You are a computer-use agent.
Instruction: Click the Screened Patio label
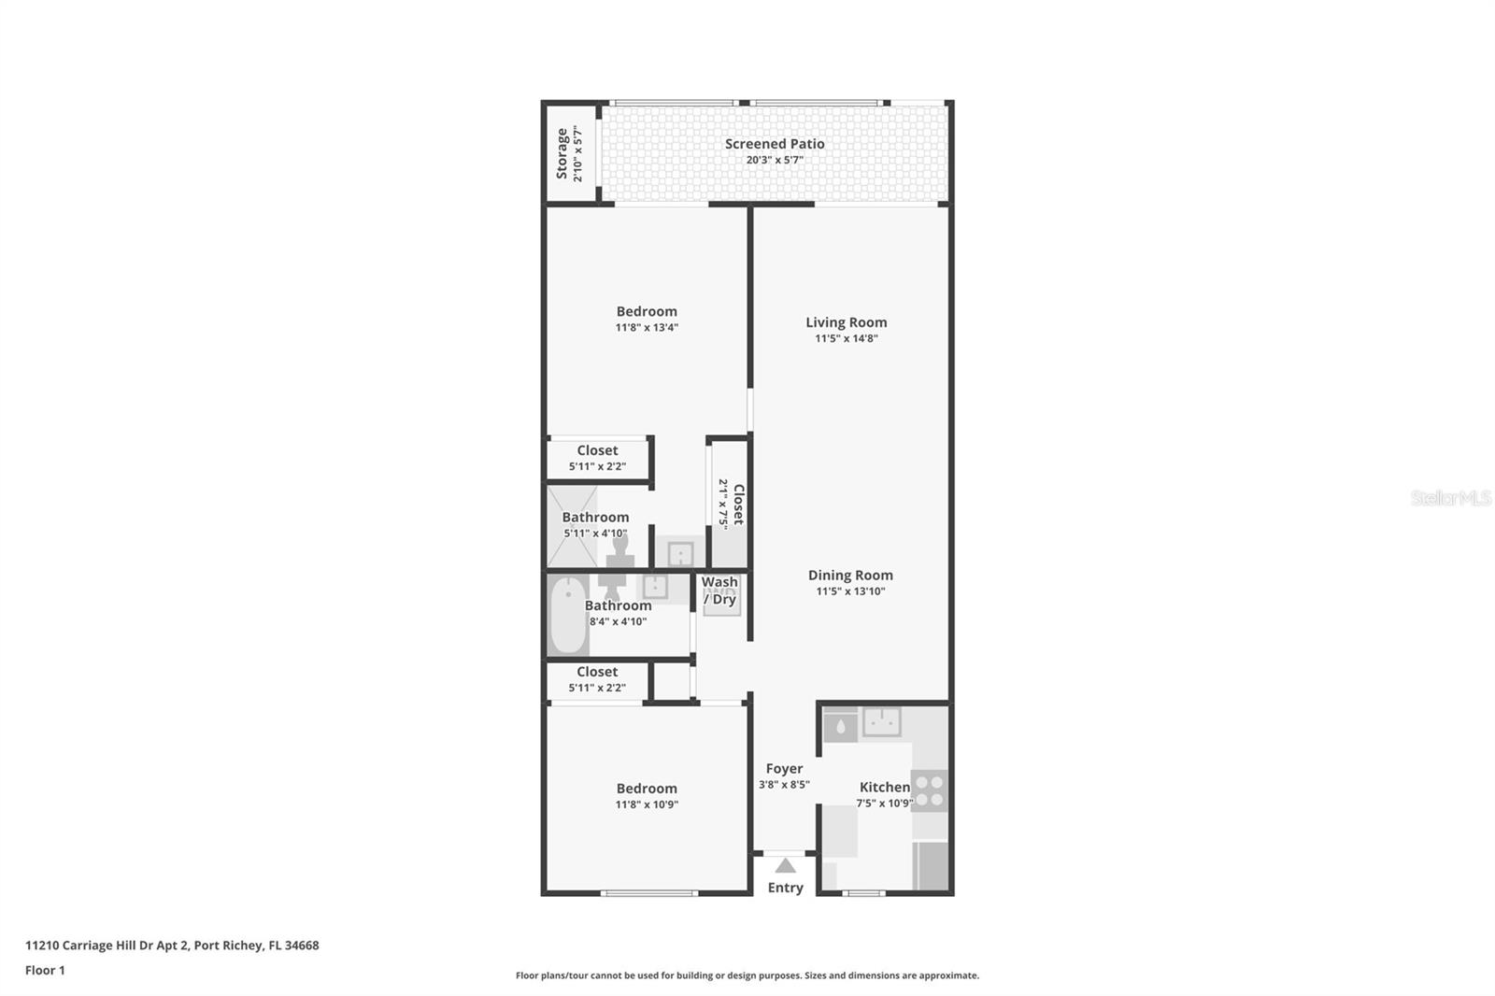click(x=775, y=144)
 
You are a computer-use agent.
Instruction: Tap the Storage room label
click(x=562, y=153)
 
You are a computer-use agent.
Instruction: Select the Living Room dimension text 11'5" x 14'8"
click(x=846, y=339)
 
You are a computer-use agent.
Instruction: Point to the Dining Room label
click(x=850, y=576)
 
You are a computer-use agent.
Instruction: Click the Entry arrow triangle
click(x=786, y=866)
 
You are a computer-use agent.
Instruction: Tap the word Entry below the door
click(x=785, y=888)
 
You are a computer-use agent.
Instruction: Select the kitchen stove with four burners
click(x=929, y=790)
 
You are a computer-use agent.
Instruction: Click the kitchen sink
click(x=881, y=721)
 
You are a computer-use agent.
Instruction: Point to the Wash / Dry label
click(x=719, y=590)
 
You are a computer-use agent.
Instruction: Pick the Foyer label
click(x=784, y=769)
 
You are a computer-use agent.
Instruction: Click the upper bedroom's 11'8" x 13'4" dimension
click(x=647, y=328)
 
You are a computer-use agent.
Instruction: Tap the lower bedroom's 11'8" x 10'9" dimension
click(x=647, y=804)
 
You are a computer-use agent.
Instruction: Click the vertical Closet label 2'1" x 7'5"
click(x=731, y=504)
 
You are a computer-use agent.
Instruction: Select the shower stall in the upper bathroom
click(x=571, y=525)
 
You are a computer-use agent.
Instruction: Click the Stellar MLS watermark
click(x=1450, y=498)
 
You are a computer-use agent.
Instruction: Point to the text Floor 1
click(x=45, y=970)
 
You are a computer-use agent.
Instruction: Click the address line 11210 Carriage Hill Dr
click(x=172, y=946)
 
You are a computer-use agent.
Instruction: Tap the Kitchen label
click(x=884, y=788)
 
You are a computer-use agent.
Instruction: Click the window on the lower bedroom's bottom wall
click(x=649, y=893)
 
